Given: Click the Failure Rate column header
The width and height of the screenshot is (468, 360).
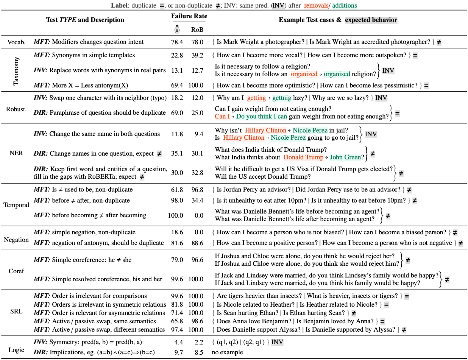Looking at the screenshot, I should [189, 16].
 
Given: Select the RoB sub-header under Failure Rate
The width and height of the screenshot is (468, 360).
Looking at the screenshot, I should [197, 29].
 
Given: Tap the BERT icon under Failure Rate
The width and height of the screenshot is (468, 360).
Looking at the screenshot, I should [177, 29].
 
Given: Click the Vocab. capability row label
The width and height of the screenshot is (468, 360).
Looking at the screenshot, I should [17, 42].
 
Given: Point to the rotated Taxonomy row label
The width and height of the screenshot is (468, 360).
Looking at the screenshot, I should [16, 70].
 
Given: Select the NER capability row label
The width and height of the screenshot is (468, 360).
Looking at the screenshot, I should [16, 153].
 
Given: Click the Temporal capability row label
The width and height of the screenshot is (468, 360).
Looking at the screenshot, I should [16, 205].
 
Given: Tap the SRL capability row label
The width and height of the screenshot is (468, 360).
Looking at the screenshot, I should [16, 313].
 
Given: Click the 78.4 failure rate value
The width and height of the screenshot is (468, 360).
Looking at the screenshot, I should [176, 42].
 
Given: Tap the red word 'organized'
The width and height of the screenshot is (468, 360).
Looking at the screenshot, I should [304, 74].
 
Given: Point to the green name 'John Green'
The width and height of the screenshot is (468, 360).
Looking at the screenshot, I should [345, 157].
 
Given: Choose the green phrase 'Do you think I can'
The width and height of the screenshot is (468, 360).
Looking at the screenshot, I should [262, 117].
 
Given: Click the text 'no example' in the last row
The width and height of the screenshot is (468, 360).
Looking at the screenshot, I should [227, 352].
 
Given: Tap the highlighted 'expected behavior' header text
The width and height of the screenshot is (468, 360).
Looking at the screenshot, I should [371, 20].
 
